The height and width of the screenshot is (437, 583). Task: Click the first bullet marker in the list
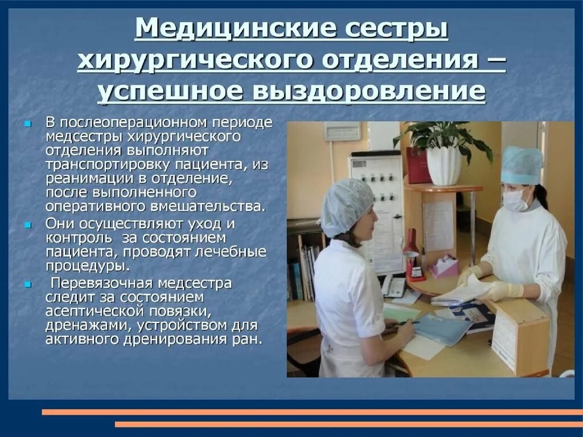27,123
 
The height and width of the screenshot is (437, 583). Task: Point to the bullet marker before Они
27,225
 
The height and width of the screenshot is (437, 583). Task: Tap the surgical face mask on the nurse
515,200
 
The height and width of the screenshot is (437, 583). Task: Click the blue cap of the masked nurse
522,164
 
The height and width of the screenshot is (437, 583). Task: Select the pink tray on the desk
444,266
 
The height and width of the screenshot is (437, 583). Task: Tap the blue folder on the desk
441,329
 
